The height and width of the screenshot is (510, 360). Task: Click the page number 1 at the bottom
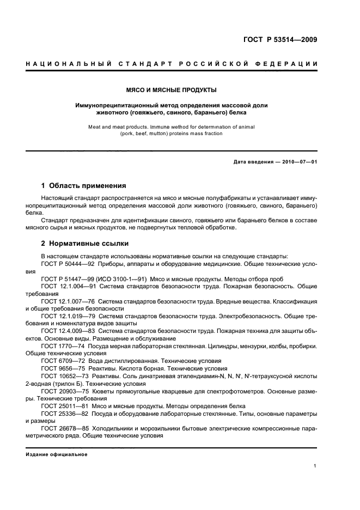click(315, 466)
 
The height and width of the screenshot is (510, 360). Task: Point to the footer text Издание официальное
click(57, 454)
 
